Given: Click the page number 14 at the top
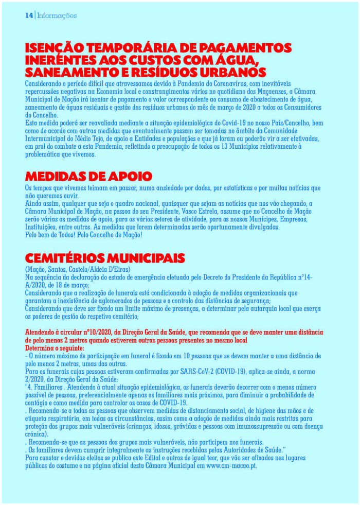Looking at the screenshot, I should click(29, 16).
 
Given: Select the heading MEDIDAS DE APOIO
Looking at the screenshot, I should click(88, 177).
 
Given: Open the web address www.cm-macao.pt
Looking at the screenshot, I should click(231, 466).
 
